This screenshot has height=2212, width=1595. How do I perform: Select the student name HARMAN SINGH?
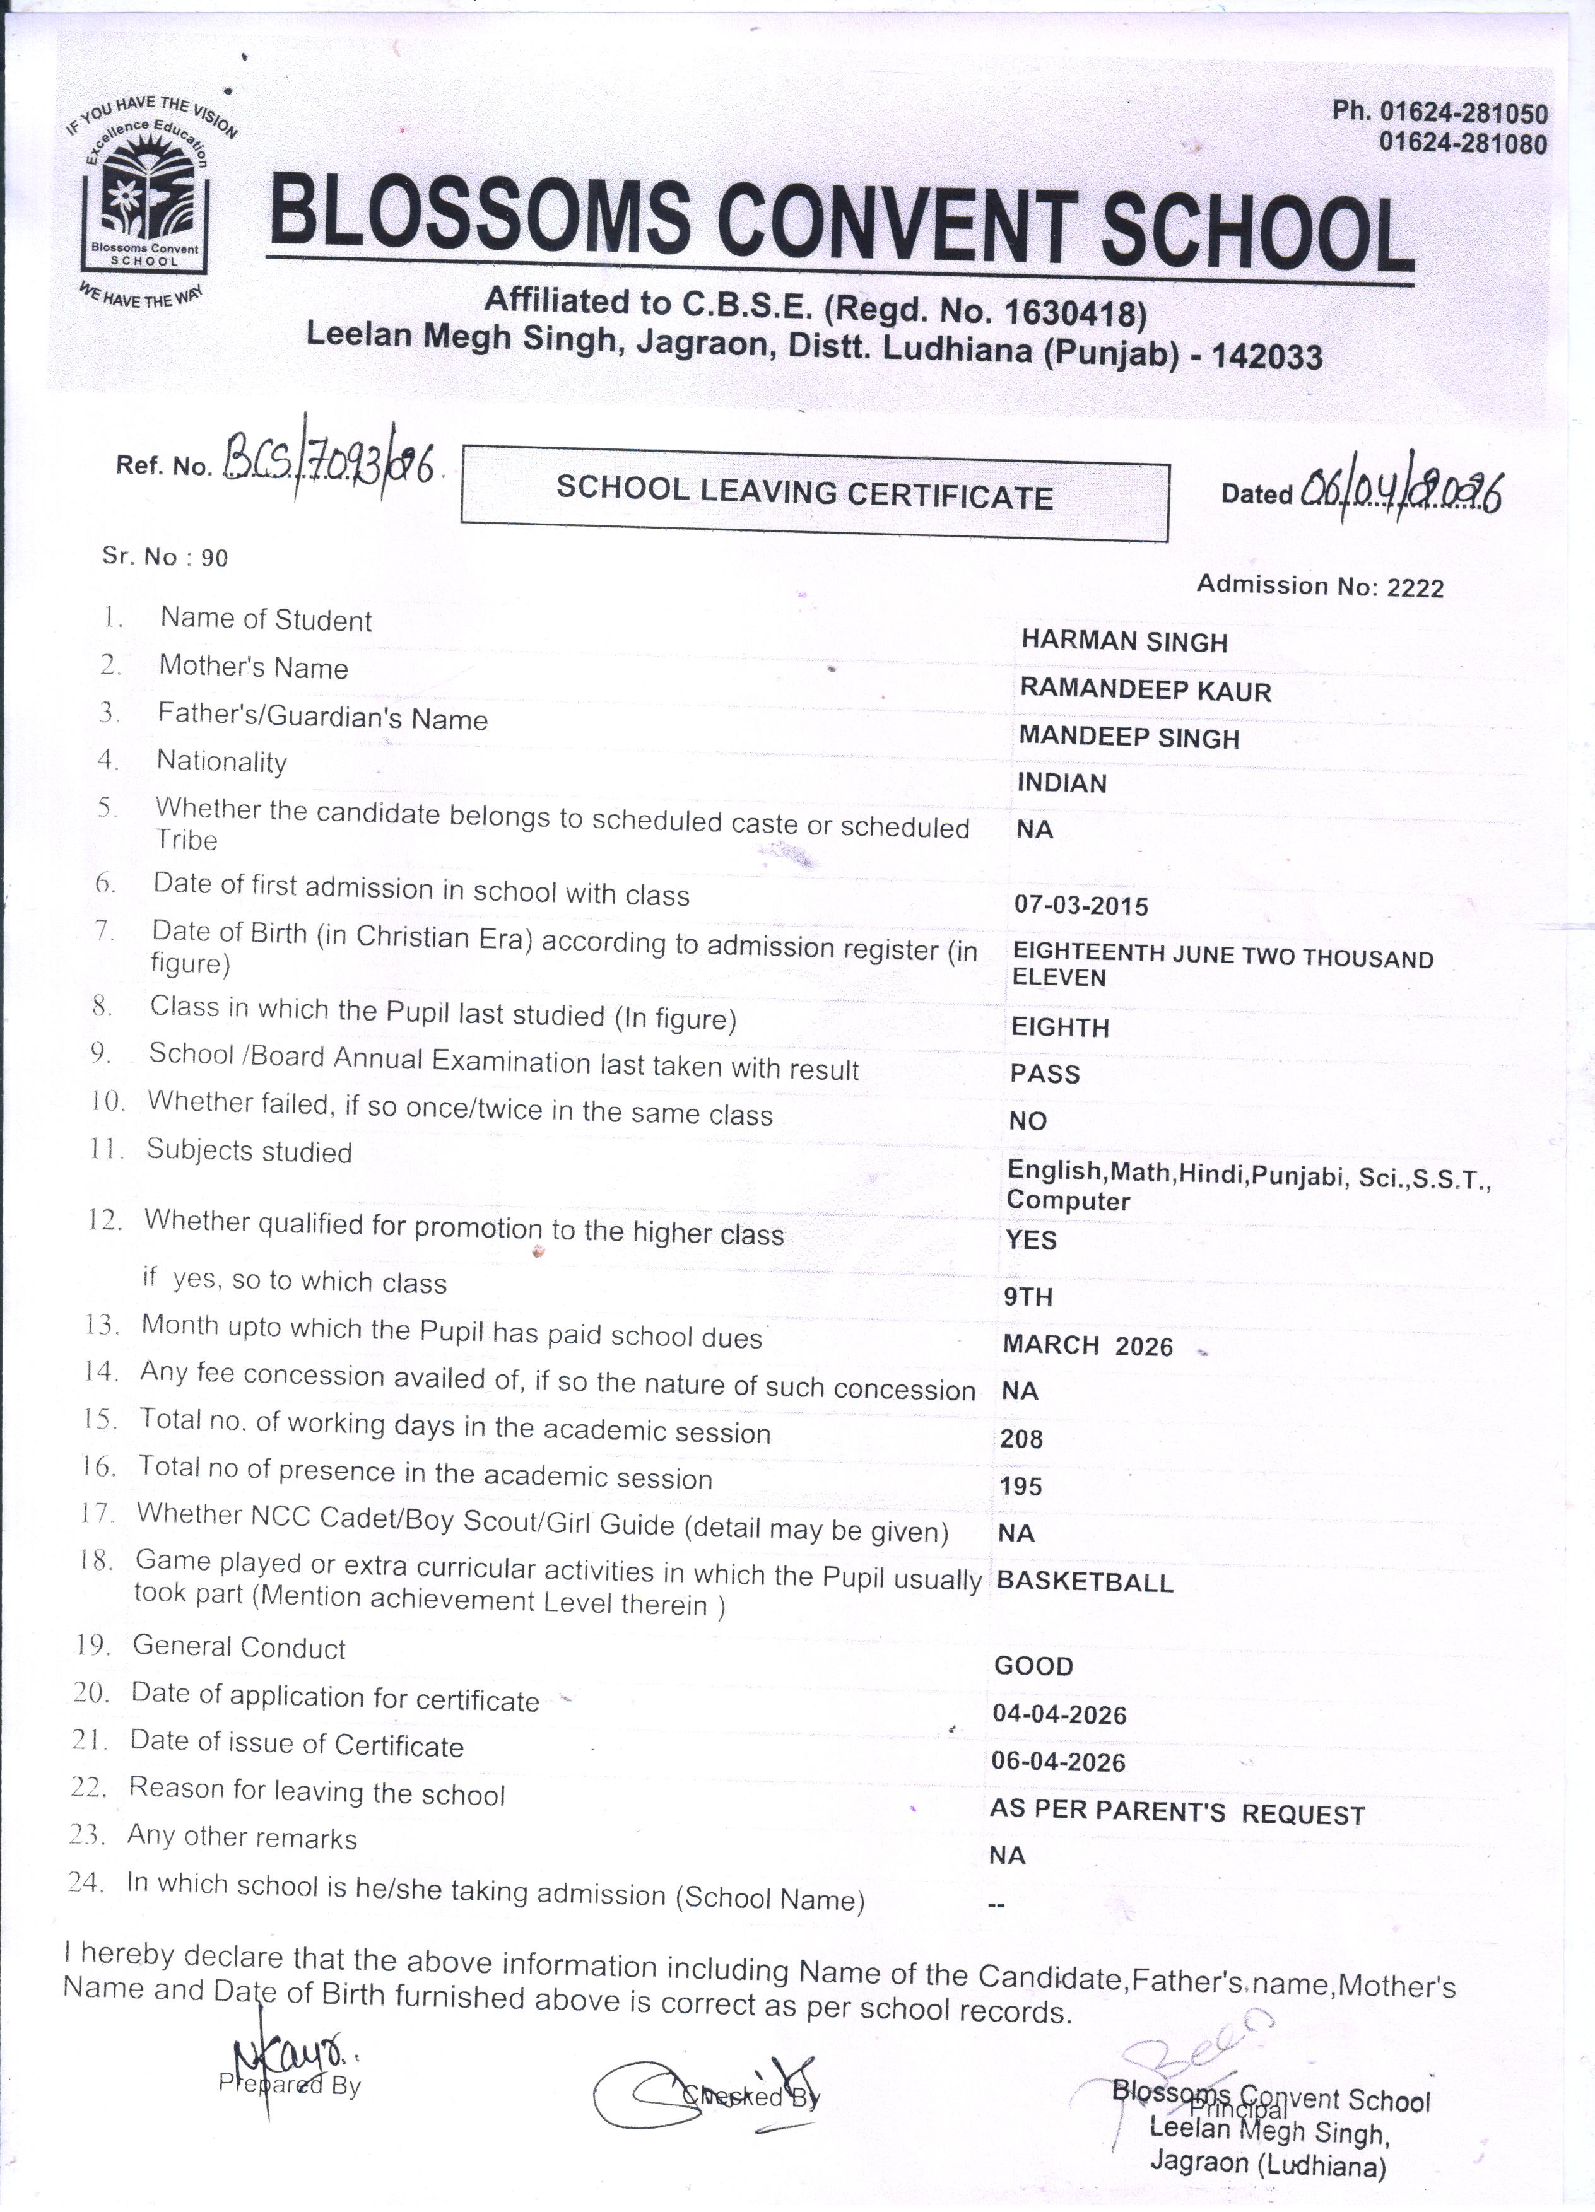coord(1124,641)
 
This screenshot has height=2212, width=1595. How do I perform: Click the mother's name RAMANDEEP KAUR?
coord(1145,691)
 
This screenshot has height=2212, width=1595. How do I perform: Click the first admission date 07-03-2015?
coord(1081,905)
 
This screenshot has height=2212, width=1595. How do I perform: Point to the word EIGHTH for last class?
coord(1059,1027)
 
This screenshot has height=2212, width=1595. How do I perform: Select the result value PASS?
coord(1045,1074)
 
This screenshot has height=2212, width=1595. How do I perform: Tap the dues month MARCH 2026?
coord(1086,1346)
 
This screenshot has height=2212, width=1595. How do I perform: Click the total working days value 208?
coord(1021,1439)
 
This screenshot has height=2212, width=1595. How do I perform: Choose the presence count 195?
coord(1020,1487)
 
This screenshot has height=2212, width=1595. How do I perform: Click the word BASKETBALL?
coord(1084,1582)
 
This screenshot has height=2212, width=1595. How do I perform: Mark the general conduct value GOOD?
coord(1033,1666)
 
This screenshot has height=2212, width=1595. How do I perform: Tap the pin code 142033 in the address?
coord(1266,357)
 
